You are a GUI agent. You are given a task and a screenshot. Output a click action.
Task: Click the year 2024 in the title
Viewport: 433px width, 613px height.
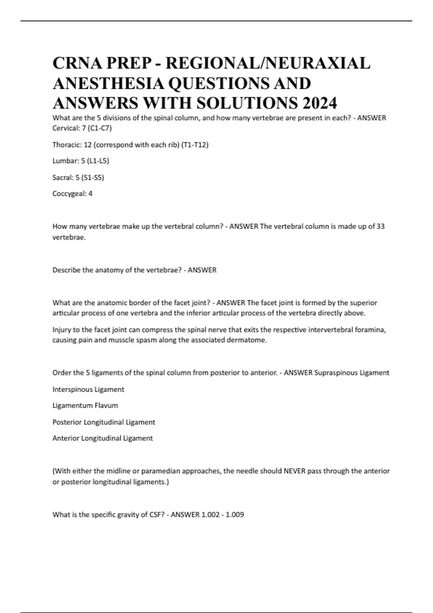pos(320,103)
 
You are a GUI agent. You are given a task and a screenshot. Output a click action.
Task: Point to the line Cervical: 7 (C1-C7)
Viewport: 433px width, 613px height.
pos(82,128)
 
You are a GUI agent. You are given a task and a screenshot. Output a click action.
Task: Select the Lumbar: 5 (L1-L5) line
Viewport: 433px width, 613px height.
pos(80,161)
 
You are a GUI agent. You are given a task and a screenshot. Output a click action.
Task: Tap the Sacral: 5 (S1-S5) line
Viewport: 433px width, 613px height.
pos(78,177)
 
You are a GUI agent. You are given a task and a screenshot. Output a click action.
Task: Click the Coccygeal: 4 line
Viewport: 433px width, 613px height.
pos(72,194)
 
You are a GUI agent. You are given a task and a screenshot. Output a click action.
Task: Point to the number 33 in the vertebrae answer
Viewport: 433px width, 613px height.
pos(380,226)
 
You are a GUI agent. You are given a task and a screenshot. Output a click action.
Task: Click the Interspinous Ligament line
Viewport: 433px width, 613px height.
pos(88,389)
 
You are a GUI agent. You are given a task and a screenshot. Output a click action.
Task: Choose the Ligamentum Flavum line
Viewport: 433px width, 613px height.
pos(85,406)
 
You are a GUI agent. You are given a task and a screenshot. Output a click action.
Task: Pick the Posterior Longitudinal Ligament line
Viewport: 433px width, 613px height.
pos(104,422)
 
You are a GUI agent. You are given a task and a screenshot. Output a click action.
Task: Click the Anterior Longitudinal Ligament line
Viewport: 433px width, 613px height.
pos(102,438)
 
